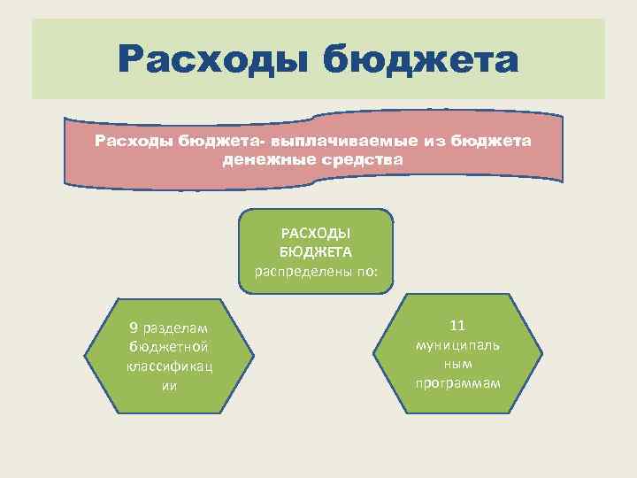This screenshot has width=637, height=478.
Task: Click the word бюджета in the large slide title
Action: (420, 61)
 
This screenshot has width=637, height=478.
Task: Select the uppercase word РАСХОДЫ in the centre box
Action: (316, 234)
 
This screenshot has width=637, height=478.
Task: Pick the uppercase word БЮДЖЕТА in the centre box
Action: (316, 252)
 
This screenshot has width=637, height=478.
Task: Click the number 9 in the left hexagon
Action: (133, 328)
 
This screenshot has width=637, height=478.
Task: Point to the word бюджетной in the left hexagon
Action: (168, 346)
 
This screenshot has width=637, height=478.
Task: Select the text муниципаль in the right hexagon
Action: (457, 345)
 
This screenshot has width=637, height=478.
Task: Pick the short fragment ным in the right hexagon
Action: (457, 364)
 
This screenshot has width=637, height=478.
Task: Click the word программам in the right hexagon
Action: (457, 382)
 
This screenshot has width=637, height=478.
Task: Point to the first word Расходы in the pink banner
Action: (134, 142)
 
